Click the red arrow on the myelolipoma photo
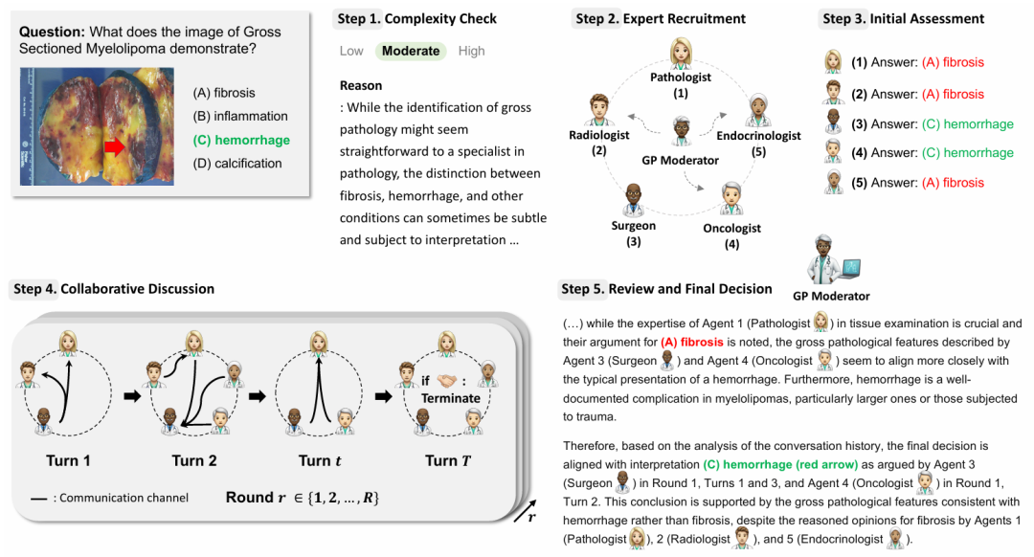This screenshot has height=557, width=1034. [114, 146]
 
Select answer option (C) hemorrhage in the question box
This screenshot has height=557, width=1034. [241, 140]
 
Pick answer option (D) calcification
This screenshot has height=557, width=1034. [237, 164]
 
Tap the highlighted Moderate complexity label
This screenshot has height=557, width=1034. [412, 52]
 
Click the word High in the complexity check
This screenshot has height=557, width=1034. [471, 52]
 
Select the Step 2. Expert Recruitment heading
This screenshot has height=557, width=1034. [660, 19]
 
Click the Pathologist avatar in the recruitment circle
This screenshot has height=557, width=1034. [681, 54]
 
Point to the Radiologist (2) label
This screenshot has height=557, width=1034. [599, 142]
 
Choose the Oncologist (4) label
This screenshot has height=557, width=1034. [732, 234]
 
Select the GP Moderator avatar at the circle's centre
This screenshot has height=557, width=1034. [681, 130]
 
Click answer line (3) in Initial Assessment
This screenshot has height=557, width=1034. [919, 123]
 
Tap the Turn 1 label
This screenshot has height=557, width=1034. [69, 461]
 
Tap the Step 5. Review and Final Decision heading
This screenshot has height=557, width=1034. [666, 289]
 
